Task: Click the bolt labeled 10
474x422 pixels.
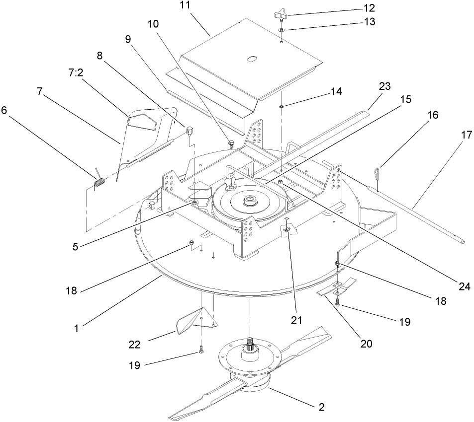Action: pyautogui.click(x=232, y=144)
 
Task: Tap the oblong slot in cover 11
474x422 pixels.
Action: pyautogui.click(x=252, y=59)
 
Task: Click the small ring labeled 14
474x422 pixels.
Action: pyautogui.click(x=282, y=105)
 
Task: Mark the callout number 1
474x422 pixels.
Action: pyautogui.click(x=77, y=328)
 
